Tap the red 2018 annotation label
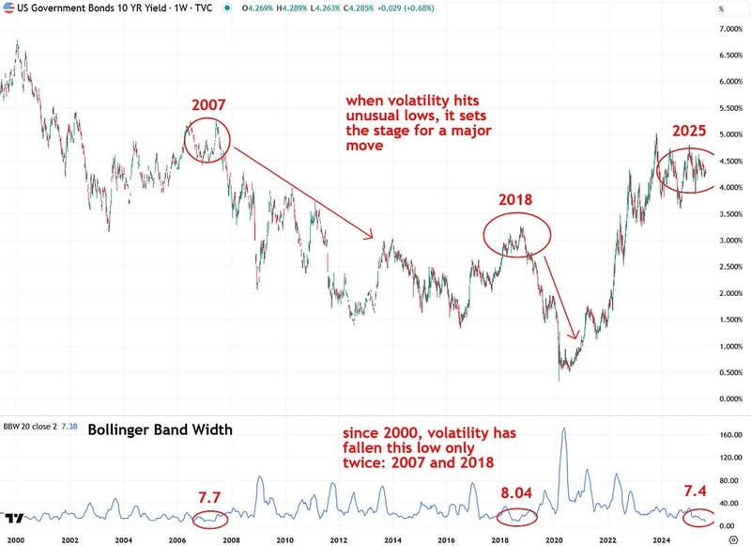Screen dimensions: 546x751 (515, 200)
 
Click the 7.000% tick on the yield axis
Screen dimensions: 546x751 (718, 29)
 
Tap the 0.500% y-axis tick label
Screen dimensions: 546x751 (718, 372)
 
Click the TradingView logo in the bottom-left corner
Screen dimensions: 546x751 (16, 517)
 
